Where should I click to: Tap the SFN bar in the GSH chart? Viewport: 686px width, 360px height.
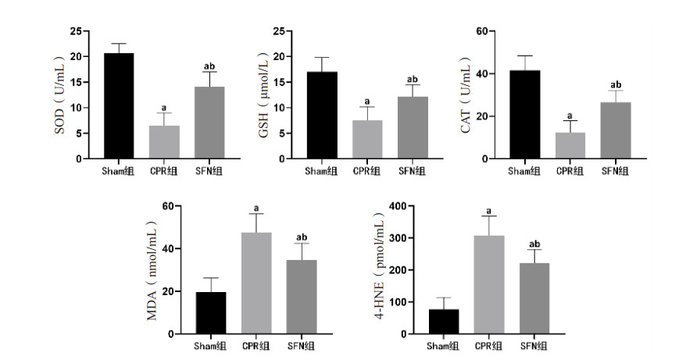click(x=412, y=128)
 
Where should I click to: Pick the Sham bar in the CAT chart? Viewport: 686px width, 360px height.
click(x=524, y=115)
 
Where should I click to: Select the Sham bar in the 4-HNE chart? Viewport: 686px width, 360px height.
click(x=444, y=321)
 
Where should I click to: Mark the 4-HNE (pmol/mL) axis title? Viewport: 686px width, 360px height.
click(x=380, y=270)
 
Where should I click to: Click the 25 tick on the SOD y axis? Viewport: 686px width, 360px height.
click(x=75, y=31)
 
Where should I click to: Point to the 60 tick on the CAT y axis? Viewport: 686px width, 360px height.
click(x=482, y=31)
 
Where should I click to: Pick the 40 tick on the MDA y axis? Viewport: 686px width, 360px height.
click(x=166, y=249)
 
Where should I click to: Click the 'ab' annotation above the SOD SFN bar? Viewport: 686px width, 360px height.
click(x=209, y=66)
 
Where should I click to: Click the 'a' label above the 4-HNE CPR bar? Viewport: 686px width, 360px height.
click(x=489, y=210)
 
